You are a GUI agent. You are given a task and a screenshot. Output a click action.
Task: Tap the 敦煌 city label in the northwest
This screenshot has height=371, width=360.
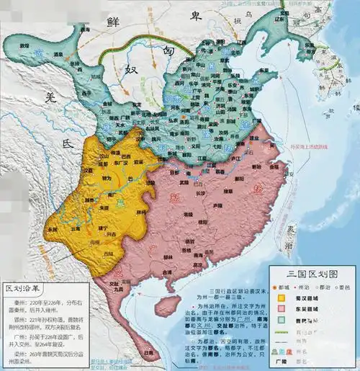tap(24, 45)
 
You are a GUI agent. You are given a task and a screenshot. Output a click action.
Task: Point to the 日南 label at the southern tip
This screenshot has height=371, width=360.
tap(148, 353)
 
